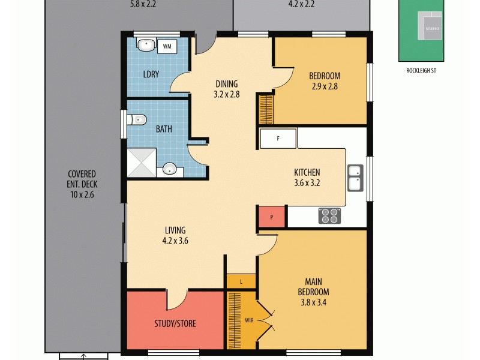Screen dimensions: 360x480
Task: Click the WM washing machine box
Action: tap(167, 45)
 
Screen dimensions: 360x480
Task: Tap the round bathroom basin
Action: tap(171, 169)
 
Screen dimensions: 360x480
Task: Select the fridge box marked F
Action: tap(278, 139)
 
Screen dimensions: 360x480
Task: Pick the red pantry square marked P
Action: tap(272, 217)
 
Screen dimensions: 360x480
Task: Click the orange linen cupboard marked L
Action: tap(241, 281)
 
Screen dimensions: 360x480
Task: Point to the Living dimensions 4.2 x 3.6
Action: tap(175, 241)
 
